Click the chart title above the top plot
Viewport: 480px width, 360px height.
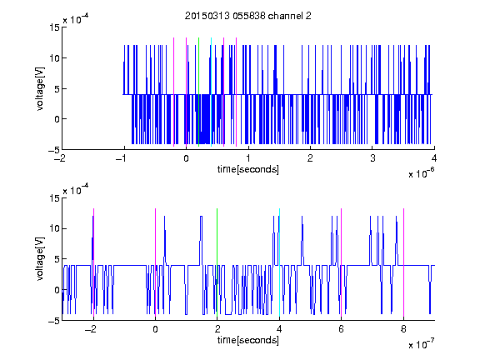(248, 16)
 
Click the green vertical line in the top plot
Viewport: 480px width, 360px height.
(198, 92)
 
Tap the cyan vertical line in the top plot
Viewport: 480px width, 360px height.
(211, 92)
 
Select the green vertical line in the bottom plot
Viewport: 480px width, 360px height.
(217, 262)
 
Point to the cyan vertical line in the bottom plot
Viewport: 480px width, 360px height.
(279, 262)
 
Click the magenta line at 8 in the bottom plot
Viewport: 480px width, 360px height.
(404, 262)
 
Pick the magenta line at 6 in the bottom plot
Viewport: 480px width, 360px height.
(342, 262)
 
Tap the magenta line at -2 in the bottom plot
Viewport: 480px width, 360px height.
(93, 262)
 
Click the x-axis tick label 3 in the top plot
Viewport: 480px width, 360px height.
(372, 158)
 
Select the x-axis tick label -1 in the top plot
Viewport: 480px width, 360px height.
(122, 158)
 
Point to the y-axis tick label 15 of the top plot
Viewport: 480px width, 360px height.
(54, 27)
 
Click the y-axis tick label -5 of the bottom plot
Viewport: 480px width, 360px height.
(54, 321)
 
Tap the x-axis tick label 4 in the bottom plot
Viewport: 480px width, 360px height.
(279, 329)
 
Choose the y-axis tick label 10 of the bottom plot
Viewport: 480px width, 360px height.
(54, 228)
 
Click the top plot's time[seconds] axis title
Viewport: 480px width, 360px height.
(248, 169)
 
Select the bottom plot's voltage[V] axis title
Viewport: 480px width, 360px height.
(40, 259)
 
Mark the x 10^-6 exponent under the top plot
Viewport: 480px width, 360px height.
(421, 173)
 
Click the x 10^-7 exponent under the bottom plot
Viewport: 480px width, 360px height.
(421, 344)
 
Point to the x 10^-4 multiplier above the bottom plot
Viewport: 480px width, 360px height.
(76, 189)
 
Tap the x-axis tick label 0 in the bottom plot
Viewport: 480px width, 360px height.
(155, 329)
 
